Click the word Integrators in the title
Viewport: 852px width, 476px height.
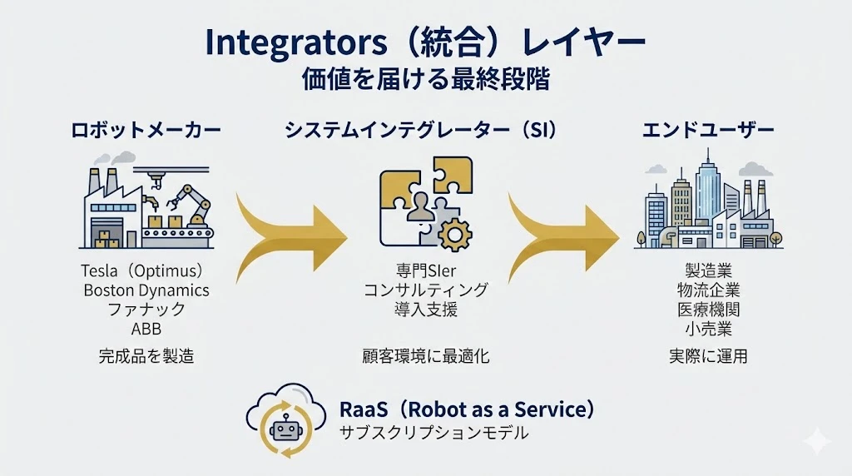tap(295, 43)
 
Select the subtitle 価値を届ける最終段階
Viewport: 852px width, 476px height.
tap(425, 79)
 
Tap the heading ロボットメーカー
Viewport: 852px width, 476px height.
tap(146, 131)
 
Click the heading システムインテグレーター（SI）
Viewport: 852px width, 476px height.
tap(421, 131)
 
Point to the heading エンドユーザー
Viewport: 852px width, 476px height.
tap(708, 131)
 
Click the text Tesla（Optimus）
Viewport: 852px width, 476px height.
tap(142, 270)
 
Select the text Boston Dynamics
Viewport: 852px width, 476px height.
tap(146, 290)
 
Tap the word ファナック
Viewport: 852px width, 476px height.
tap(146, 310)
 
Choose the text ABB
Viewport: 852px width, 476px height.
tap(146, 329)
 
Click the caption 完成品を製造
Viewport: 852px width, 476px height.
tap(146, 356)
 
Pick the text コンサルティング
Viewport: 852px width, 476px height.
tap(426, 290)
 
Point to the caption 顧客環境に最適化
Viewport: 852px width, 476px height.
tap(426, 356)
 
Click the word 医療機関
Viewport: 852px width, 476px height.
tap(708, 310)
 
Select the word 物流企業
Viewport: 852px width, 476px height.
tap(708, 290)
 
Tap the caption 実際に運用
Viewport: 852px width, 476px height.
tap(708, 356)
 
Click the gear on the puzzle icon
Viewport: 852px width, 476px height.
tap(455, 235)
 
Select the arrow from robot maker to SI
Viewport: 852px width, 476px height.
tap(291, 237)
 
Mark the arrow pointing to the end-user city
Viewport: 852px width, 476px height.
tap(563, 237)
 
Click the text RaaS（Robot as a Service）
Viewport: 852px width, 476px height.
tap(467, 409)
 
